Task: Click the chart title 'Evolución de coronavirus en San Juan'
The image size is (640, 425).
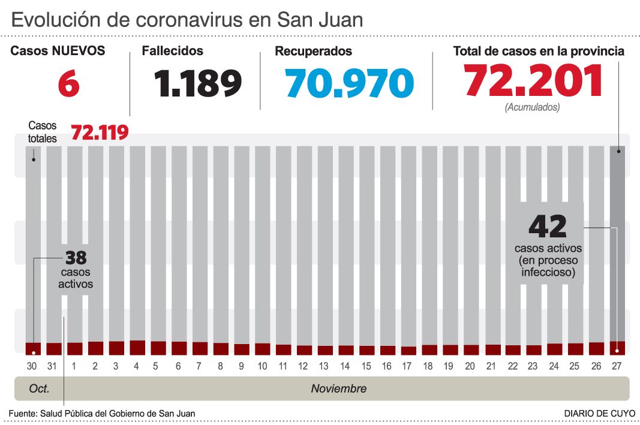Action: (x=187, y=20)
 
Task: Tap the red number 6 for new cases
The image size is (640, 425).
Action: (x=68, y=83)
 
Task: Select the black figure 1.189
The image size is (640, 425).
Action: (x=198, y=83)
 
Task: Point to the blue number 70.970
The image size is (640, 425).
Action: (x=350, y=83)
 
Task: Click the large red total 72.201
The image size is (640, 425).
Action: (x=533, y=82)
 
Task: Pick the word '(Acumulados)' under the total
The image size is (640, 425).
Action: (x=532, y=108)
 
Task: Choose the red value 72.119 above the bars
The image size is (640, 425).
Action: (x=100, y=132)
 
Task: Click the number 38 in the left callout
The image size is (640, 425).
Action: (x=76, y=258)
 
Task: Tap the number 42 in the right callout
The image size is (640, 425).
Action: (x=548, y=227)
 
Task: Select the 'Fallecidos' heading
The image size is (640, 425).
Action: (x=172, y=52)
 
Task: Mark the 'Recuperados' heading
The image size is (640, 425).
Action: (x=313, y=52)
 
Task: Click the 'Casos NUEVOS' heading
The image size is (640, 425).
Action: (x=58, y=52)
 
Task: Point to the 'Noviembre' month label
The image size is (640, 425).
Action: (x=338, y=389)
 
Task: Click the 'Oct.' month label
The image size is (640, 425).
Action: (x=39, y=389)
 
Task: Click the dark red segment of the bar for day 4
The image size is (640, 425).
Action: (x=137, y=348)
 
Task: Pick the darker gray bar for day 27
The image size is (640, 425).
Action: (x=617, y=240)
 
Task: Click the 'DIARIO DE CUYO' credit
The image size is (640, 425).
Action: (x=597, y=413)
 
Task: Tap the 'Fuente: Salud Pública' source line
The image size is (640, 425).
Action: (x=102, y=413)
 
